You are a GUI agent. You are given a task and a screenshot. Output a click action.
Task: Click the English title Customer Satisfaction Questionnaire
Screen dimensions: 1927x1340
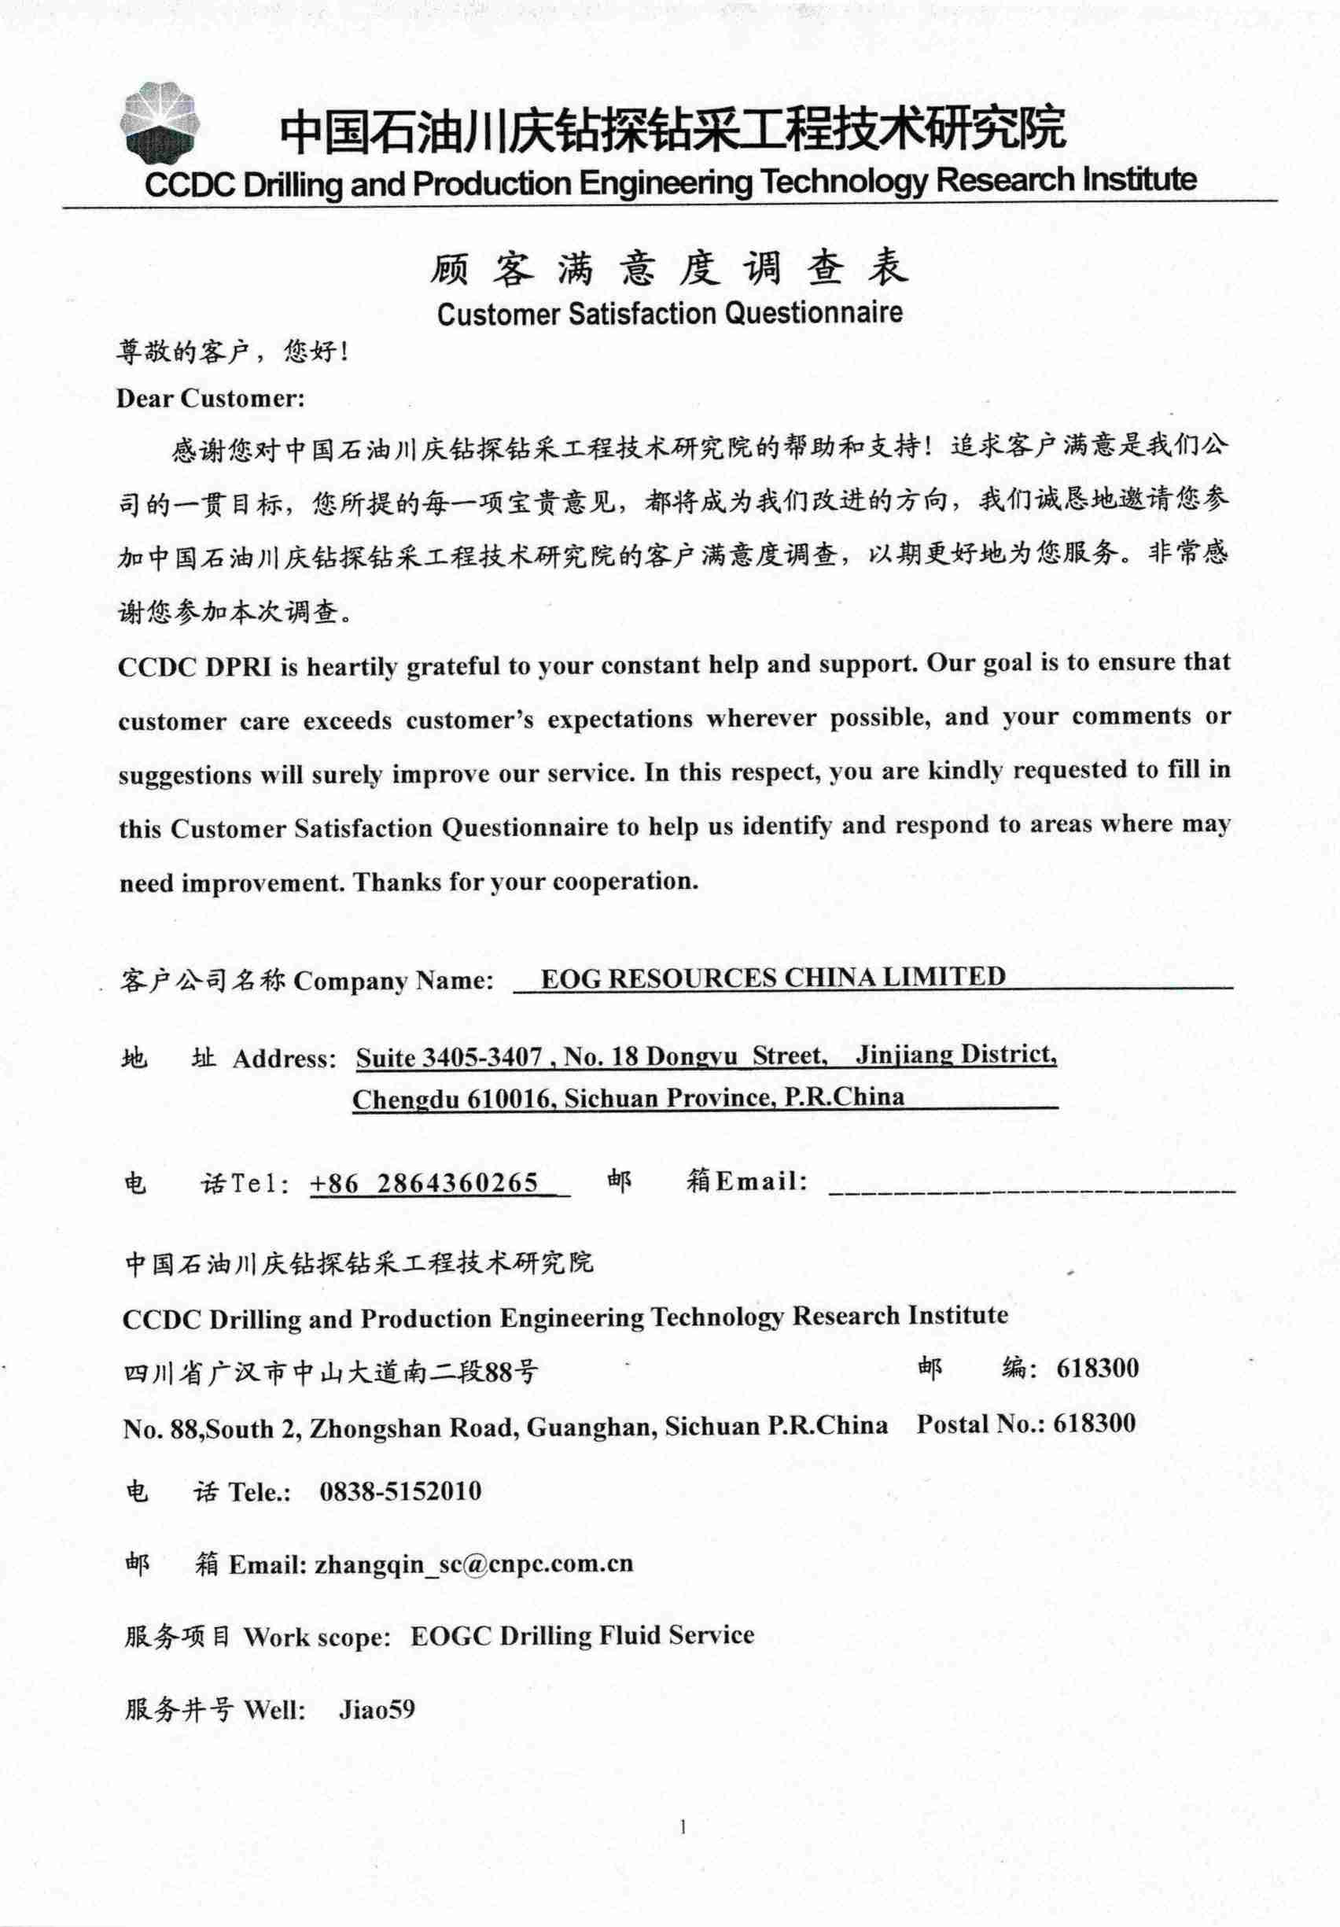tap(669, 314)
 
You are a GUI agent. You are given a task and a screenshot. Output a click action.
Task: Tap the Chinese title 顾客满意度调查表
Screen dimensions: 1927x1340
tap(668, 267)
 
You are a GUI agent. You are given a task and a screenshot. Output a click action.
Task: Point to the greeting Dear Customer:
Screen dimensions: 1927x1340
tap(211, 398)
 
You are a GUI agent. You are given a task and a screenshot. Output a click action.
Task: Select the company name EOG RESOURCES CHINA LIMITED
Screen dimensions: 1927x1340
tap(773, 978)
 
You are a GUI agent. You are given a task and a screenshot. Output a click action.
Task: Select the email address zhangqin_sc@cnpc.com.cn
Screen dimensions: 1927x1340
tap(473, 1564)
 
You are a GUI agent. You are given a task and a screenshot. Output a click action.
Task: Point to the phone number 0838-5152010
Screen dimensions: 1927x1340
tap(400, 1491)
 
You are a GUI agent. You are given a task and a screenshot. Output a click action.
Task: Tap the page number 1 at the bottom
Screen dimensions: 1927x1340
tap(683, 1826)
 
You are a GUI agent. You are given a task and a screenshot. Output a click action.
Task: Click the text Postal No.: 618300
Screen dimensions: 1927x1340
tap(1025, 1424)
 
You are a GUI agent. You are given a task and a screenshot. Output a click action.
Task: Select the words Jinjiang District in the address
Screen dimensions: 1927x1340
tap(955, 1054)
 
